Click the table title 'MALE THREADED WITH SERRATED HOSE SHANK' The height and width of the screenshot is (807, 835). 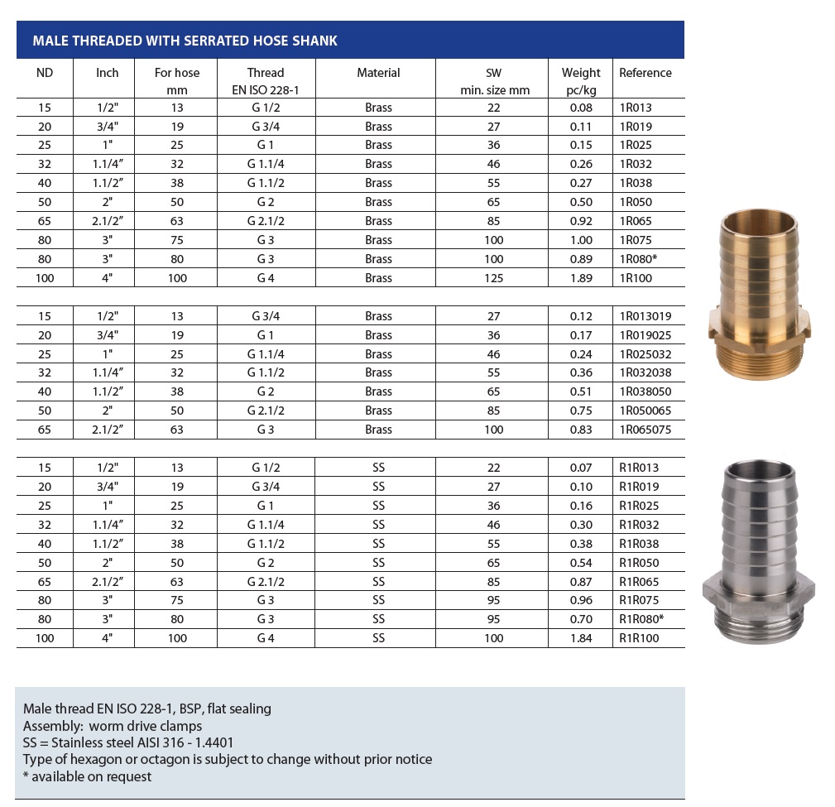tap(185, 41)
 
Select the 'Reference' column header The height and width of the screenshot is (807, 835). tap(645, 73)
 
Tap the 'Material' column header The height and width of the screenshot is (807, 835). tap(378, 73)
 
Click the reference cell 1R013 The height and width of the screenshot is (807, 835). tap(636, 108)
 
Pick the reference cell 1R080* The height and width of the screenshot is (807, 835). tap(639, 259)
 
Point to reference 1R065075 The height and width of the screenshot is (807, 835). tap(645, 430)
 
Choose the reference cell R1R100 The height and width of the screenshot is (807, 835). tap(639, 638)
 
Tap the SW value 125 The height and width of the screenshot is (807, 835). tap(494, 278)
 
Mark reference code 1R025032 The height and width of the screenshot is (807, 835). tap(645, 353)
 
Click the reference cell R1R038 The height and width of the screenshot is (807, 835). tap(639, 544)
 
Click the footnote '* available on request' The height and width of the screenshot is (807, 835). tap(88, 776)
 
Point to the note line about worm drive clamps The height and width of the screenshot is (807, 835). tap(113, 726)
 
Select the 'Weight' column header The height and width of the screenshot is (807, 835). tap(581, 73)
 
